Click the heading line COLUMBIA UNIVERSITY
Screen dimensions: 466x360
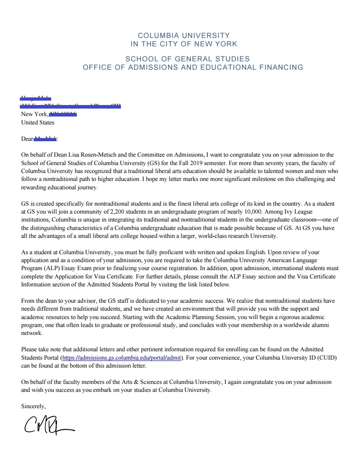pos(184,35)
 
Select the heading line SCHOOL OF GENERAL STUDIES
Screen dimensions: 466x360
pos(187,59)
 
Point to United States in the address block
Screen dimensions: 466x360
pos(37,122)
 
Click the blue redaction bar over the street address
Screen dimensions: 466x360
pos(71,106)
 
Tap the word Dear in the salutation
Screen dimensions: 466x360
pos(27,139)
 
